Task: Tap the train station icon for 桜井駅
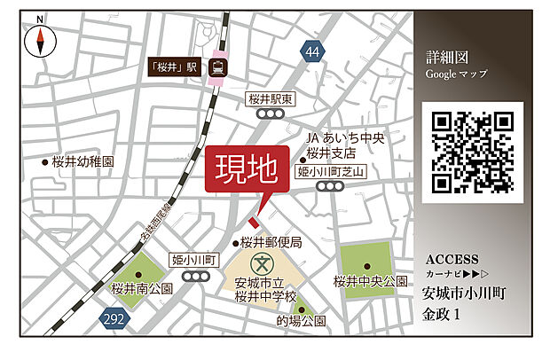coord(217,67)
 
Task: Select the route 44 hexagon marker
coord(310,52)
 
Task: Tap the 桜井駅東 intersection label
coord(269,100)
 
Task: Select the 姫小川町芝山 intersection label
coord(330,171)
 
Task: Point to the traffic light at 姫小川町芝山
coord(330,186)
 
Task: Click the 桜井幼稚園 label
coord(83,162)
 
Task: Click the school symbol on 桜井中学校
coord(263,263)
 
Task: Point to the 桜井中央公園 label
coord(370,281)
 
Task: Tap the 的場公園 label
coord(301,321)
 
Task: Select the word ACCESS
coord(452,260)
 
